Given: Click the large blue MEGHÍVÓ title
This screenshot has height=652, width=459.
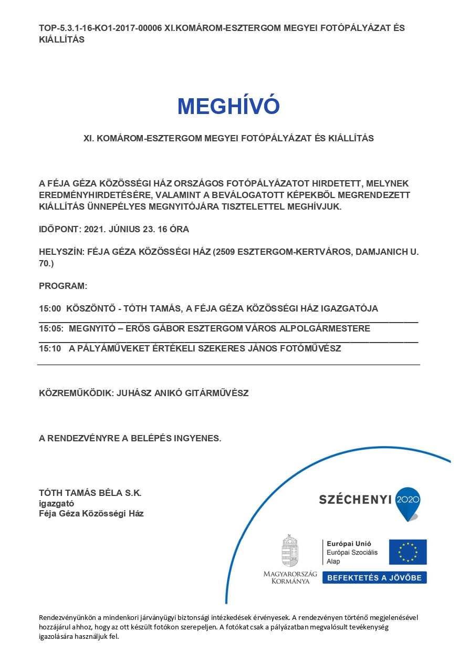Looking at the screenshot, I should [228, 106].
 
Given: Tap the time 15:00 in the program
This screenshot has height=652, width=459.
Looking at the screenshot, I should [50, 308].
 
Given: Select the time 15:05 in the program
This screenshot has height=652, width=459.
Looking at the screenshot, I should [51, 328].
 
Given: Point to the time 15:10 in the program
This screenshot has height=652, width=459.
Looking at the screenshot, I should [50, 348].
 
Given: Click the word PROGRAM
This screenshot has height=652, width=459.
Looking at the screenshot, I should [62, 286].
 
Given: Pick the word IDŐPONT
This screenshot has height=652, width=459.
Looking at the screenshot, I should [59, 229].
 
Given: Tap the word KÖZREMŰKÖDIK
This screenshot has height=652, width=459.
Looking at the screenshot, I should [75, 393].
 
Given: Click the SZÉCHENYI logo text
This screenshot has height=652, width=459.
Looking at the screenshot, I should [355, 500].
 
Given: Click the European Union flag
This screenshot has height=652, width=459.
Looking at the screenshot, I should [408, 552].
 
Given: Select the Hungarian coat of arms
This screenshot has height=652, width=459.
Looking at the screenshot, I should [290, 551].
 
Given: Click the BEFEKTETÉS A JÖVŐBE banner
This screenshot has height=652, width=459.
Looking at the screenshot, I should [374, 577].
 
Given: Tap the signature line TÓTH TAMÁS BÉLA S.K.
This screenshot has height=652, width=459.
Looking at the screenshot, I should [90, 493].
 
